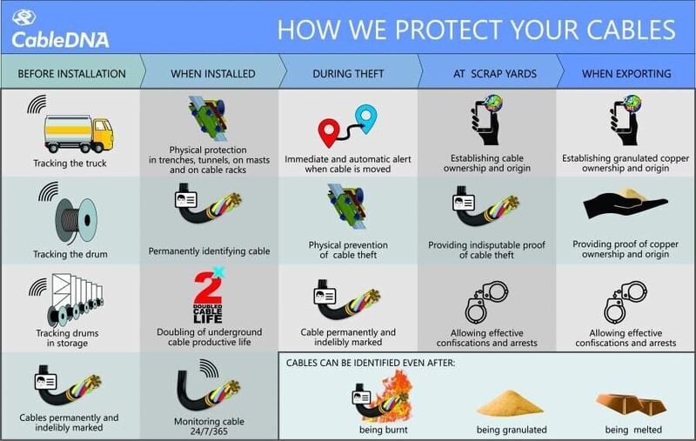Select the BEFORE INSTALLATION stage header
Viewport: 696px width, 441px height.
71,74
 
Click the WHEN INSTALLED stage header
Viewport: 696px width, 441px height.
213,74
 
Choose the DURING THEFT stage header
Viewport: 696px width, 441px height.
348,74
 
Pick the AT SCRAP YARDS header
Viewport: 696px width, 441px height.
490,74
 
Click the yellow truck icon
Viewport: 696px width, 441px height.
78,133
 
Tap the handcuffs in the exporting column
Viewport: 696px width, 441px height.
626,300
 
